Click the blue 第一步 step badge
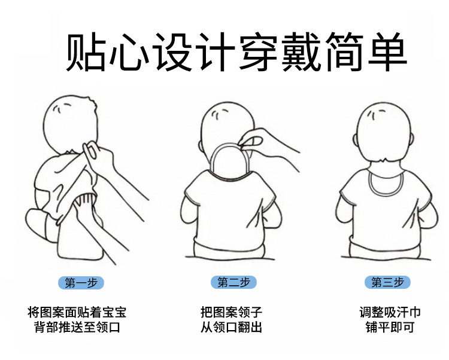click(81, 282)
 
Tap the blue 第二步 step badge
click(233, 282)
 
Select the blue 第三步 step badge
click(387, 282)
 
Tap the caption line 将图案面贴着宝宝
click(77, 312)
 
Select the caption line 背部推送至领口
click(77, 327)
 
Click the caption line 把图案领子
click(231, 312)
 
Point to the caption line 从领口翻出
click(231, 327)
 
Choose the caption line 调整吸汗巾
click(390, 312)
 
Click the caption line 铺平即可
click(390, 327)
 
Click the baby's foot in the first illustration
click(37, 223)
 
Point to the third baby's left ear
click(355, 140)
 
